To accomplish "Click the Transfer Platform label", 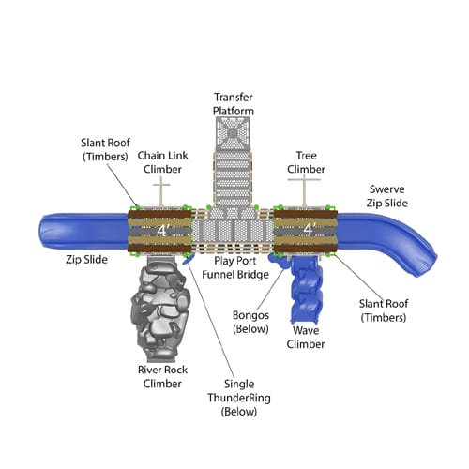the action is [x=234, y=104].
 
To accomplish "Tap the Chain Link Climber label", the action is [x=162, y=162].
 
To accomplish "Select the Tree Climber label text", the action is [x=306, y=162].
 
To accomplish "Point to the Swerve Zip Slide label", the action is [x=387, y=196].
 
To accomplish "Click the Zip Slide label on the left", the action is [x=86, y=260].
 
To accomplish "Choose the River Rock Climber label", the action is [x=162, y=377].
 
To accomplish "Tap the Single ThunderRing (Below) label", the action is [x=239, y=398].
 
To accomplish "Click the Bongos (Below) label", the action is [x=250, y=322].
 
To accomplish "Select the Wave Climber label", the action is [x=306, y=338].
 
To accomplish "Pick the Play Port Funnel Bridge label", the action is [x=235, y=267].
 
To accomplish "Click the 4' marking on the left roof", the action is [x=162, y=231].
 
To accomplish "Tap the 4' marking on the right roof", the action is [x=309, y=229].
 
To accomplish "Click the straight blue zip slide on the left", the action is [x=83, y=232].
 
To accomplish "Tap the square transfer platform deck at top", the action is [x=233, y=133].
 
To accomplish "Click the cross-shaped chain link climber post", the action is [x=161, y=191].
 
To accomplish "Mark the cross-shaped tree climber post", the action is [x=304, y=190].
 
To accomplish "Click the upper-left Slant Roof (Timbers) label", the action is [x=105, y=149].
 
